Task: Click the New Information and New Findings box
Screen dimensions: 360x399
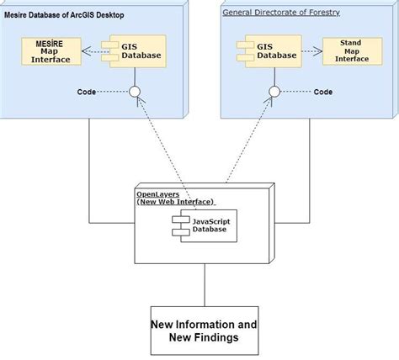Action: pos(204,331)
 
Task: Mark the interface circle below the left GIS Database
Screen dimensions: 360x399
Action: pos(133,93)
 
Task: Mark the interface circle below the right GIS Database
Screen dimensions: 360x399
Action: pos(274,92)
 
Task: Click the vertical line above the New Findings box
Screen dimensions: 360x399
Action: pos(204,286)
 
